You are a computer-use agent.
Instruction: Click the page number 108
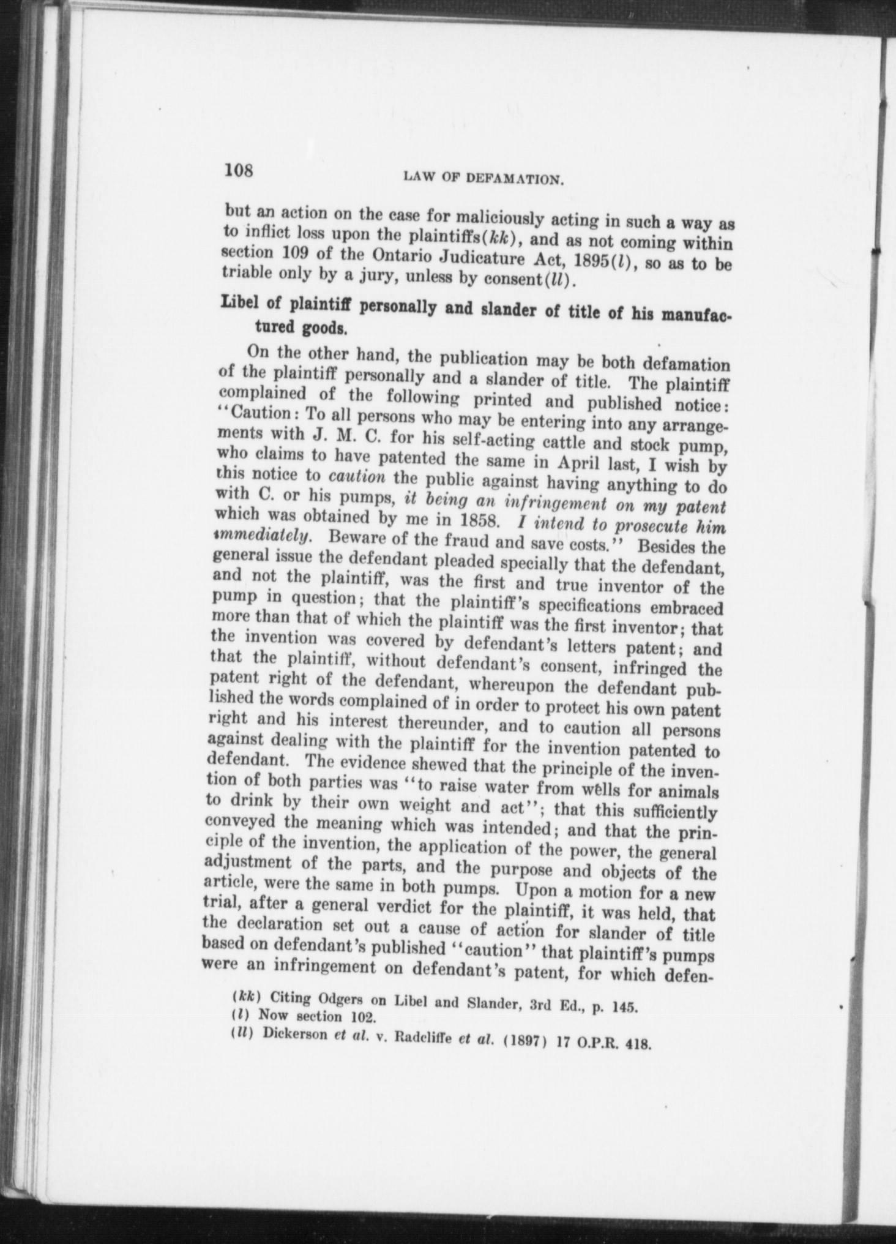coord(238,169)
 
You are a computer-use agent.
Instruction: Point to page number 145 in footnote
coord(627,1008)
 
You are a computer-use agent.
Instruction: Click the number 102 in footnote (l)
coord(361,1019)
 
